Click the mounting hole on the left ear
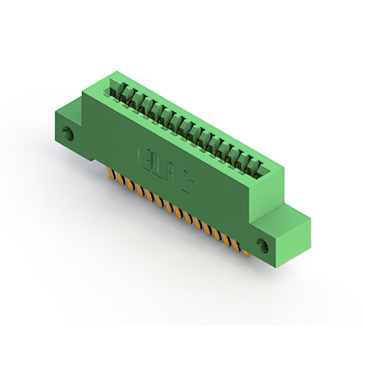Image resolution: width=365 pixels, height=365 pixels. click(x=69, y=135)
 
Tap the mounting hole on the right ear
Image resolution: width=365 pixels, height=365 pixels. click(x=263, y=246)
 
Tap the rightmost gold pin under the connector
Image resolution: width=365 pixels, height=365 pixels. click(x=247, y=252)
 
